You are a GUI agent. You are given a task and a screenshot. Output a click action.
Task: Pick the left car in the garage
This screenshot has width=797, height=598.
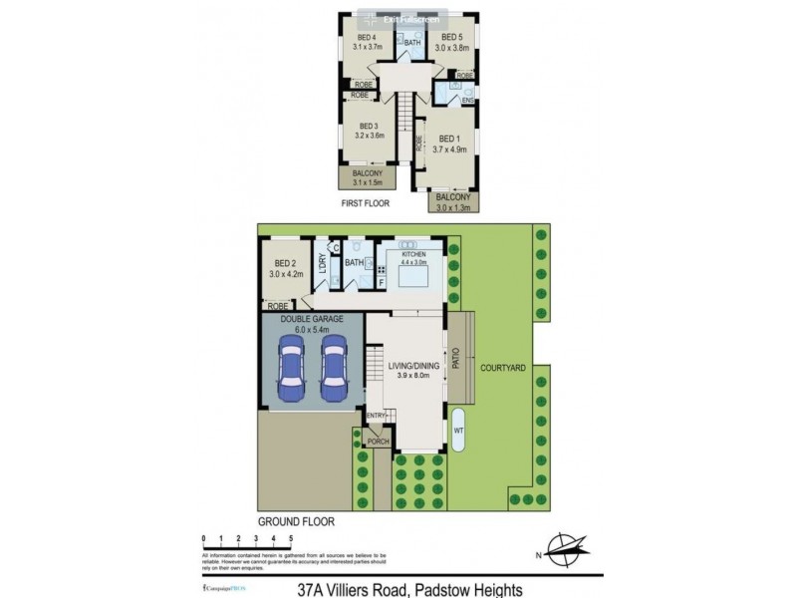pyautogui.click(x=292, y=366)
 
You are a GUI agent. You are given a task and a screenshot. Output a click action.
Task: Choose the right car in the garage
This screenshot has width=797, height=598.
pyautogui.click(x=334, y=366)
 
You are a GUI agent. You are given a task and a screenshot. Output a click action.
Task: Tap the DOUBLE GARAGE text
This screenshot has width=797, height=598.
pyautogui.click(x=312, y=318)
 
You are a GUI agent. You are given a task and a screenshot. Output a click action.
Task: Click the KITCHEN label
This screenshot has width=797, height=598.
pyautogui.click(x=413, y=255)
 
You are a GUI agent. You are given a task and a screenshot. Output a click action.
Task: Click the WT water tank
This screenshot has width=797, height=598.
pyautogui.click(x=459, y=430)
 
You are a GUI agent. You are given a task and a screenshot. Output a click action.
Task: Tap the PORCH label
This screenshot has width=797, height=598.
pyautogui.click(x=378, y=441)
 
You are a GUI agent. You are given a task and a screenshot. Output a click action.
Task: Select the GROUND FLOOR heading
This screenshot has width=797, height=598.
pyautogui.click(x=296, y=521)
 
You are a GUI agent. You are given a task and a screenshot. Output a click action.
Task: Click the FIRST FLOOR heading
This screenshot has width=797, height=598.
pyautogui.click(x=362, y=202)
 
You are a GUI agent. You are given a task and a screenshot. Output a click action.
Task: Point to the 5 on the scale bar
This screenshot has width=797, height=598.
pyautogui.click(x=291, y=539)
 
